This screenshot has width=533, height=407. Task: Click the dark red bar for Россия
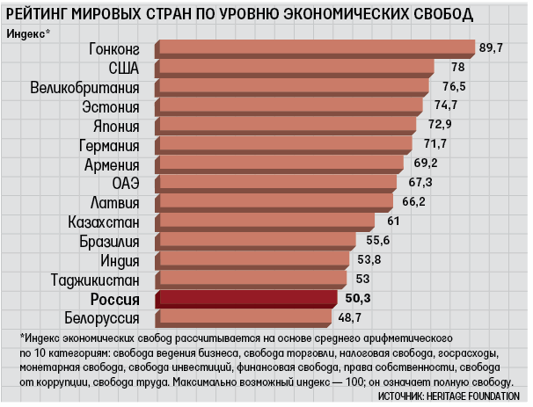(x=246, y=299)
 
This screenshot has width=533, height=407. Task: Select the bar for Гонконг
(x=315, y=49)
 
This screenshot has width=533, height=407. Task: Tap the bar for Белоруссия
(x=244, y=318)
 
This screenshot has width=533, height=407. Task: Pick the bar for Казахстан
(x=265, y=222)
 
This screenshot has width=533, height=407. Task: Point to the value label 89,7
(x=491, y=47)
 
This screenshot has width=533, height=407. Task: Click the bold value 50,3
(x=358, y=298)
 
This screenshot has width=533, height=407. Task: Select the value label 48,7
(x=349, y=317)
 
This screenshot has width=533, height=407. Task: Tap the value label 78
(x=458, y=67)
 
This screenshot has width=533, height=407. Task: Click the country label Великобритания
(x=85, y=88)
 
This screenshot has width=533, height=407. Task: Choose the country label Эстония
(x=111, y=107)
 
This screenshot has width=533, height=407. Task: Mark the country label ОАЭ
(x=126, y=184)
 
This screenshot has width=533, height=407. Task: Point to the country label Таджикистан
(x=95, y=280)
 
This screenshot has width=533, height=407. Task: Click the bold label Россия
(x=115, y=300)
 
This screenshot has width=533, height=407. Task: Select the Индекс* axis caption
(x=28, y=33)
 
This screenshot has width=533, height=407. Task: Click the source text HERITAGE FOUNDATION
(x=473, y=396)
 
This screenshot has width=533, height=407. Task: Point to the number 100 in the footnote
(x=354, y=382)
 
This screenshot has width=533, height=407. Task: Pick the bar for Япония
(x=286, y=126)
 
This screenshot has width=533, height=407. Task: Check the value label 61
(x=393, y=222)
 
